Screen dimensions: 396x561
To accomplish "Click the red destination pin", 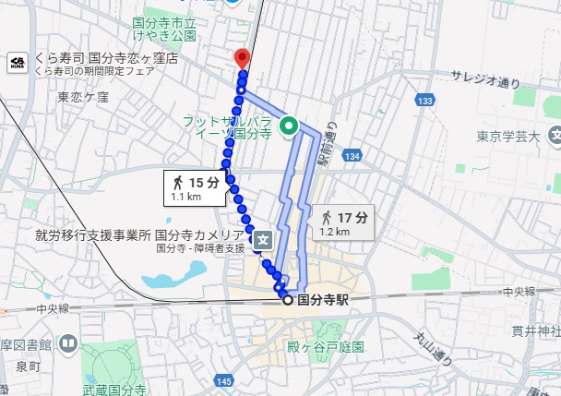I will [242, 56].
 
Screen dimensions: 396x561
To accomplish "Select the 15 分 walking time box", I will [196, 187].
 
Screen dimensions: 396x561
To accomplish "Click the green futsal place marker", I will [288, 127].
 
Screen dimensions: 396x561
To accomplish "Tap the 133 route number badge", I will [424, 100].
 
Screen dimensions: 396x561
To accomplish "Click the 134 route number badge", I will [352, 160].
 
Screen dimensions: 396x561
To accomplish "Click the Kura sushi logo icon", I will [17, 63].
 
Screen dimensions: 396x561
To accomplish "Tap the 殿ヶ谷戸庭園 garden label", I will [326, 347].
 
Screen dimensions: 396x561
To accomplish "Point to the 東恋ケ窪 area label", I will [83, 96].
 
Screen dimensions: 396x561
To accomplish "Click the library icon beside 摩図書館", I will [68, 343].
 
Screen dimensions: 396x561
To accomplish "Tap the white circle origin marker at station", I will [287, 299].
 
